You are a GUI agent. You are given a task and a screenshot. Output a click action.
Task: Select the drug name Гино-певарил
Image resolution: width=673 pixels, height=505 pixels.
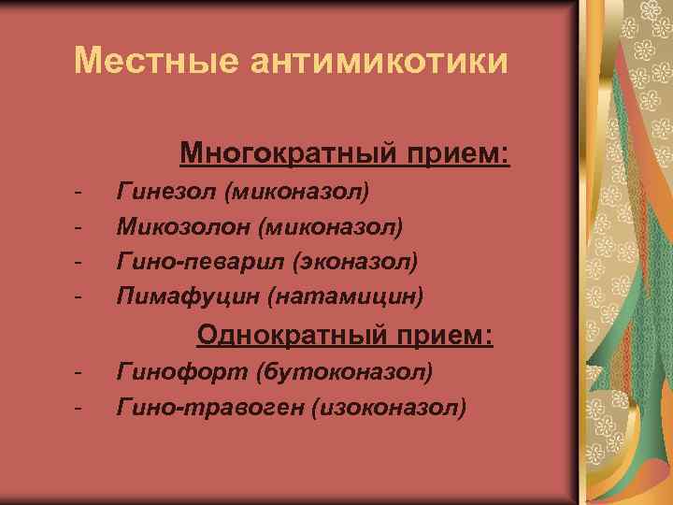[x=188, y=262]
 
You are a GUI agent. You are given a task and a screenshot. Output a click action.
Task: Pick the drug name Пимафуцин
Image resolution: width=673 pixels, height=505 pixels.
[x=187, y=297]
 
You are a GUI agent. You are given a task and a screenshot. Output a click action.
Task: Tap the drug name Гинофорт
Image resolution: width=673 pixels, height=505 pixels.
[x=174, y=372]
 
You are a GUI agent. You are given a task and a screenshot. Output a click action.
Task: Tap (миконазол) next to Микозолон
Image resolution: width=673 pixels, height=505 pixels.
[x=332, y=226]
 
